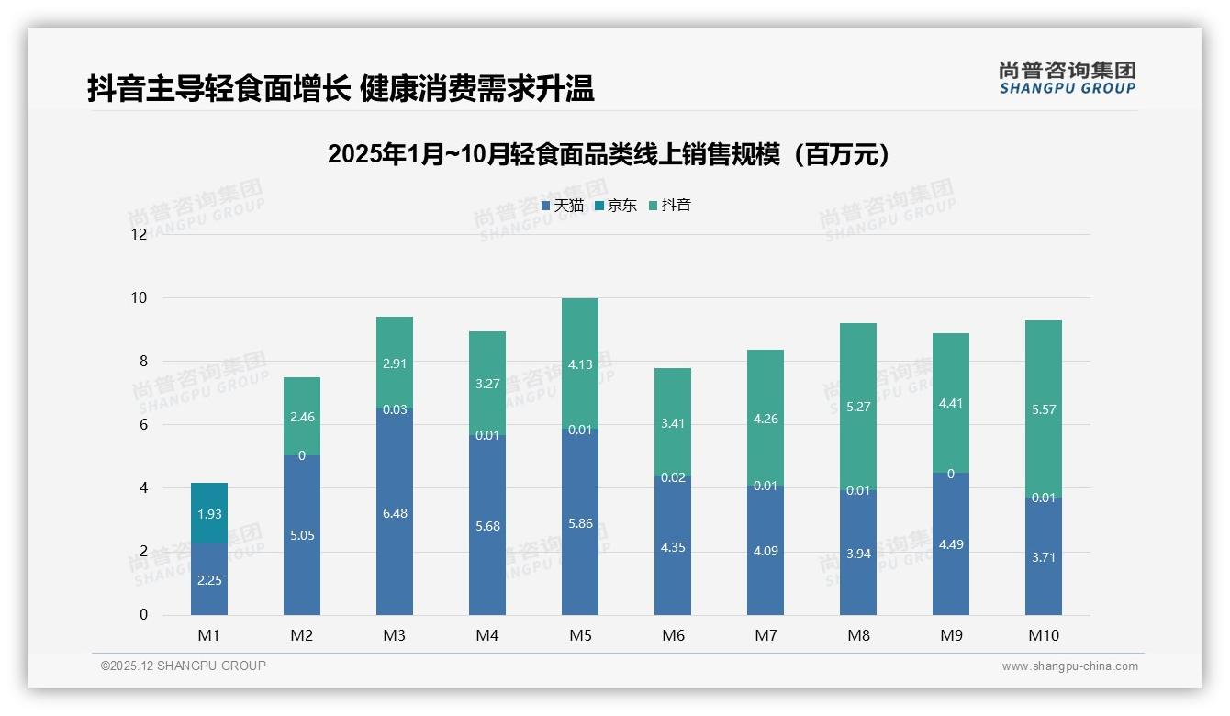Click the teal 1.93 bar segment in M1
click(209, 513)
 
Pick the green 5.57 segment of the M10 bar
click(1044, 408)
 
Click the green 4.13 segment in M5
click(580, 363)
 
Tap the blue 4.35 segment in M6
click(673, 546)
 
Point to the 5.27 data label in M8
click(858, 407)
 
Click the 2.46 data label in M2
click(302, 417)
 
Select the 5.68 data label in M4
click(487, 526)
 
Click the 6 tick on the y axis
click(142, 424)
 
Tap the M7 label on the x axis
click(766, 635)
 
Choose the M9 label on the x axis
click(951, 635)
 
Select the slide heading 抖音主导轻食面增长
click(341, 88)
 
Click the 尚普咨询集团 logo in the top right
click(1067, 78)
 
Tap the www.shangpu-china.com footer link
click(1069, 666)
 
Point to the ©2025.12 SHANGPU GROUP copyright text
click(184, 666)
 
